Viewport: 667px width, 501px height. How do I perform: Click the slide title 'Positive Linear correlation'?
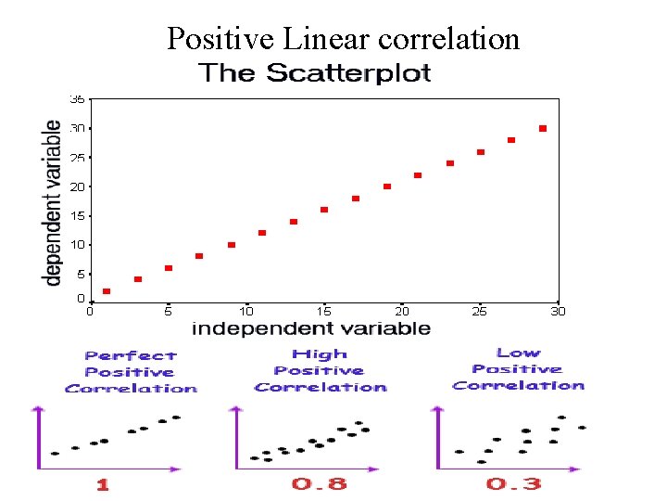tap(343, 39)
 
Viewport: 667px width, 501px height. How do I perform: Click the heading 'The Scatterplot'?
tap(315, 73)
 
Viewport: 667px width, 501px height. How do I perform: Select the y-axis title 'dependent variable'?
tap(54, 201)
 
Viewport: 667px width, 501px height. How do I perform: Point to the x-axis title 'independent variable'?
tap(310, 328)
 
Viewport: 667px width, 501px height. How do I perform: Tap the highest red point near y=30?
tap(543, 128)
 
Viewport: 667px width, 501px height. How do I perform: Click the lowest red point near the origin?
tap(107, 291)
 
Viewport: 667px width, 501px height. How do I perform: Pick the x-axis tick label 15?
tap(324, 312)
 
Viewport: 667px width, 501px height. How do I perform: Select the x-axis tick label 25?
tap(480, 312)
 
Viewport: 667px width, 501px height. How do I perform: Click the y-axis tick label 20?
tap(78, 186)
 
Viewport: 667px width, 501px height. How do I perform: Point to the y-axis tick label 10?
tap(78, 245)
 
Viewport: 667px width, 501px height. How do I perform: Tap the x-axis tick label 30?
tap(558, 312)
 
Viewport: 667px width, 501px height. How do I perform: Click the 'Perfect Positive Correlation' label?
tap(131, 372)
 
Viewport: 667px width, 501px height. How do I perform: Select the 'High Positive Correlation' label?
tap(321, 370)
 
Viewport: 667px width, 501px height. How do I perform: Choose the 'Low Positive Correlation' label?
tap(518, 369)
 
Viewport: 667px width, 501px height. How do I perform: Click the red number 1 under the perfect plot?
tap(102, 483)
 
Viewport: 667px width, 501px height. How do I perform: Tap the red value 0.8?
tap(320, 483)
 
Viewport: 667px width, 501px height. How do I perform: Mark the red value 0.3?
tap(514, 483)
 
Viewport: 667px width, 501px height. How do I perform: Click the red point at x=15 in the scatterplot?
tap(324, 210)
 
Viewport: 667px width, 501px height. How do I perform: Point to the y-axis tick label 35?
tap(78, 98)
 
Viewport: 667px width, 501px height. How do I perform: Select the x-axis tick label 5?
tap(168, 312)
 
